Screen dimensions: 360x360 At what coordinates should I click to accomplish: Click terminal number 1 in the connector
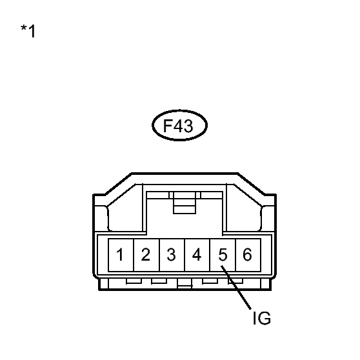tap(120, 254)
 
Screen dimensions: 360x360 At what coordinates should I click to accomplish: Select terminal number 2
tap(146, 254)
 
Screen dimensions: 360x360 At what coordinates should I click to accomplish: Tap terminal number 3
tap(171, 255)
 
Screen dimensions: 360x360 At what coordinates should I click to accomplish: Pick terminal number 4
tap(197, 254)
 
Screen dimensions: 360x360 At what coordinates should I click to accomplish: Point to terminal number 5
tap(223, 255)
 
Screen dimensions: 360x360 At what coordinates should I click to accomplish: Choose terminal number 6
tap(247, 254)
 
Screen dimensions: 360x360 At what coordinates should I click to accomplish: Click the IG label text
tap(262, 318)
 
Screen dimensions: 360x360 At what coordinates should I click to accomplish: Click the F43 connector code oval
tap(180, 110)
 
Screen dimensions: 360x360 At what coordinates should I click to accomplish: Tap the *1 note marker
tap(28, 31)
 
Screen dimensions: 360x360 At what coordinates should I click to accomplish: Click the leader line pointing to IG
tap(236, 288)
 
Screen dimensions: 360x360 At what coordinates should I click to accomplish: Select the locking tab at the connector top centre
tap(185, 203)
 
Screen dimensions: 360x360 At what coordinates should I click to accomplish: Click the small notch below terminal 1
tap(134, 281)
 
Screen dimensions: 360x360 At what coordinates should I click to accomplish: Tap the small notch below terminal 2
tap(159, 281)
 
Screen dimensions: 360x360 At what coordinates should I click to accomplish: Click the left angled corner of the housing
tap(118, 184)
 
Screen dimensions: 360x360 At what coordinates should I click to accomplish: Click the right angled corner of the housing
tap(251, 184)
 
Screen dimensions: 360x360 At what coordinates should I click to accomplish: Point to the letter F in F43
tap(167, 126)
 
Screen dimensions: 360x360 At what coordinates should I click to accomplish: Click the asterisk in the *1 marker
tap(23, 28)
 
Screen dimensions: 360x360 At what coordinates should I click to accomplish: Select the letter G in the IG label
tap(265, 318)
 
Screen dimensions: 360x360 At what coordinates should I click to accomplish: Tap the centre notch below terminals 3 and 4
tap(185, 285)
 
